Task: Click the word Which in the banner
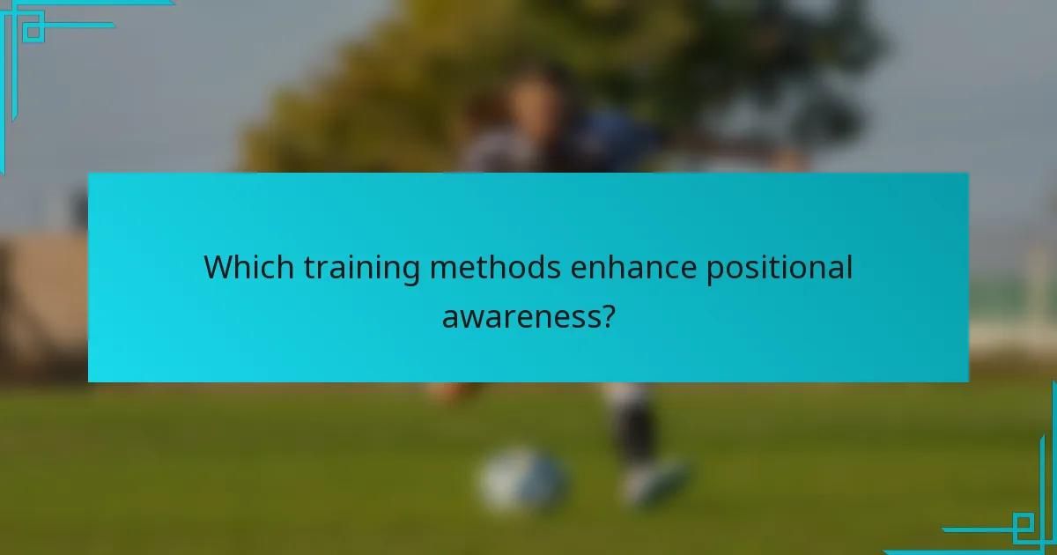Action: (x=249, y=267)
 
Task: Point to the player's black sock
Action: (x=632, y=427)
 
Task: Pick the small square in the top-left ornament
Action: (x=33, y=33)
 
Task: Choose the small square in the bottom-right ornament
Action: (x=1023, y=526)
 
